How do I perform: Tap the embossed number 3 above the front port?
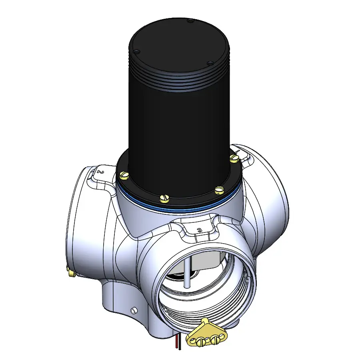click(x=200, y=230)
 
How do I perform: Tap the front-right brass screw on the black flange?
click(x=218, y=190)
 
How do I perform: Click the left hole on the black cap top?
click(x=136, y=52)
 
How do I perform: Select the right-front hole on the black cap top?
click(x=209, y=63)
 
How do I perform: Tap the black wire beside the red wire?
click(x=179, y=342)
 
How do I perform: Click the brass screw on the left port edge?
click(x=72, y=273)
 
